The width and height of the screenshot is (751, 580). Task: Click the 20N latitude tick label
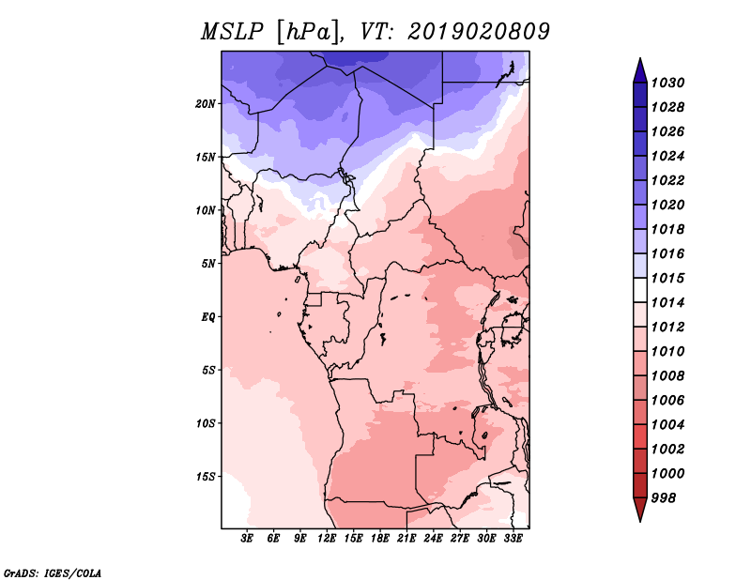point(206,104)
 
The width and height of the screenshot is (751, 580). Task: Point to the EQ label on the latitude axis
point(208,317)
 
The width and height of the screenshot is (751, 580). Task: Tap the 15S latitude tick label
point(206,477)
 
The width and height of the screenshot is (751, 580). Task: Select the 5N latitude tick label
point(208,264)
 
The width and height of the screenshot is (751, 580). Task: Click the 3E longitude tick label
point(247,539)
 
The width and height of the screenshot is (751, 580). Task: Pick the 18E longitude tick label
point(380,539)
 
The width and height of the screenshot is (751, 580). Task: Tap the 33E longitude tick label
point(513,539)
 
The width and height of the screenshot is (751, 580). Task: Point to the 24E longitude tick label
point(433,539)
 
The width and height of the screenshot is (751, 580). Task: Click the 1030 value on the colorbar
point(667,83)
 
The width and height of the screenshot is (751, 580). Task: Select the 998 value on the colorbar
point(664,498)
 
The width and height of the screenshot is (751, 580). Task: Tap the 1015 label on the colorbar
point(667,278)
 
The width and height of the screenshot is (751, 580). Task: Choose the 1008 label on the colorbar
point(667,376)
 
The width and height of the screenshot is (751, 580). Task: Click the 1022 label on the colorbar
point(667,180)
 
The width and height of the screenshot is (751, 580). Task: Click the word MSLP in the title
point(233,32)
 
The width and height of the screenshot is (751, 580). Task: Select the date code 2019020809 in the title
point(479,32)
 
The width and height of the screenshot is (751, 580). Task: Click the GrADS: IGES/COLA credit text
point(53,573)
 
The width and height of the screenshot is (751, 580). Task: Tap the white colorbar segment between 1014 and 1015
point(640,290)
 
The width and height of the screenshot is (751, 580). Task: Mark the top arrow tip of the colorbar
point(640,58)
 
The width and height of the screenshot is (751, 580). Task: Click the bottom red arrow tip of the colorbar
point(640,522)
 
